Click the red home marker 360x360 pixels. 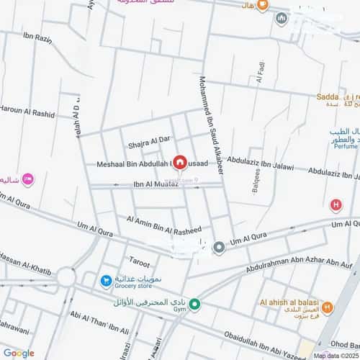point(179,163)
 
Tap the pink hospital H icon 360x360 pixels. point(335,205)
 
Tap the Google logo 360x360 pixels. point(19,353)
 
